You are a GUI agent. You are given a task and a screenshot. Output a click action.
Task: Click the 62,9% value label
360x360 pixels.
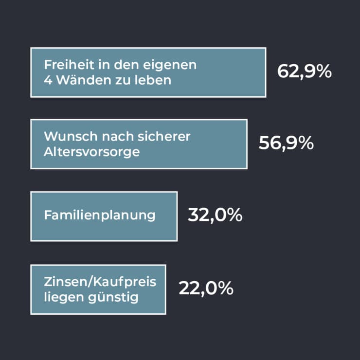(x=304, y=72)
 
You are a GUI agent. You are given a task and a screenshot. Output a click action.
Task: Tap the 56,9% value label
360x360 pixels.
(x=286, y=143)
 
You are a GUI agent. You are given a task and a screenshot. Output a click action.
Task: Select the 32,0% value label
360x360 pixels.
(x=215, y=215)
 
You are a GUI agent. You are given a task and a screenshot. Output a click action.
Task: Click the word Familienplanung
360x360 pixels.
(x=100, y=215)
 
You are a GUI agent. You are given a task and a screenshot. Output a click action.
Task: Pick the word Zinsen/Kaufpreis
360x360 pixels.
(x=100, y=282)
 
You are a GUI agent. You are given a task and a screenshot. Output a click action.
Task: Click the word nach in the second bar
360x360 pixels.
(x=112, y=137)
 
